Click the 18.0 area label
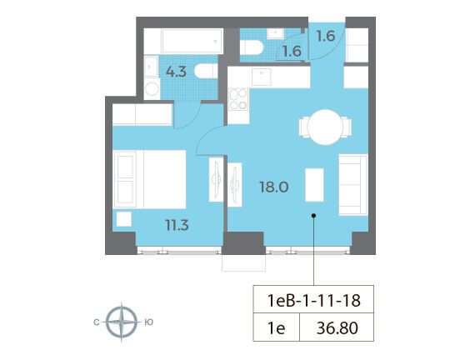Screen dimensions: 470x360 (274, 187)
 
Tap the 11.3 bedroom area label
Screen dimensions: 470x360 (177, 225)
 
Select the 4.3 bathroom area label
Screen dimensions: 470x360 (177, 72)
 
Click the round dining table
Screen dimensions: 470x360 (325, 127)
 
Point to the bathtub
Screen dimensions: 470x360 (192, 41)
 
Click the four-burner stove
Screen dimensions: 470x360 (238, 99)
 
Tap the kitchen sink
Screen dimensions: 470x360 (262, 77)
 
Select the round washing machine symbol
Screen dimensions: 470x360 (152, 89)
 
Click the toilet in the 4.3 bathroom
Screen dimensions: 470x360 (206, 72)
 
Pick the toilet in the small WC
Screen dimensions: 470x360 (252, 47)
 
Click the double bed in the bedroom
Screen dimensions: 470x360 (149, 179)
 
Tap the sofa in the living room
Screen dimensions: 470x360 (353, 185)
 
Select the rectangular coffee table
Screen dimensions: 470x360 (314, 185)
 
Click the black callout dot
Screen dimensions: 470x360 (313, 215)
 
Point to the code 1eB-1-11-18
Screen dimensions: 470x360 (313, 300)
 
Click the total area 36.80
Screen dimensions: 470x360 (337, 327)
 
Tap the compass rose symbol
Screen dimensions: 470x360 (122, 322)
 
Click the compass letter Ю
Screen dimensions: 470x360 (149, 322)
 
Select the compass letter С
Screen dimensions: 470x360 (96, 322)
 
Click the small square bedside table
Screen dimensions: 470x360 (124, 219)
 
